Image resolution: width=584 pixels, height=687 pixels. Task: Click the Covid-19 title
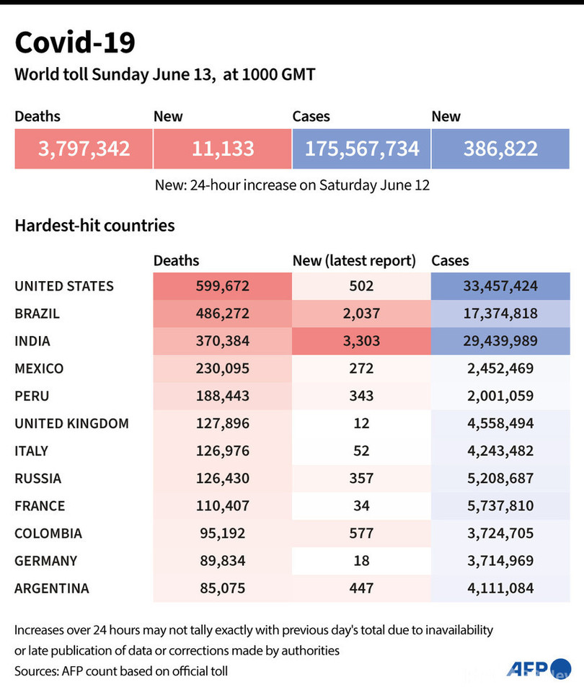tap(75, 43)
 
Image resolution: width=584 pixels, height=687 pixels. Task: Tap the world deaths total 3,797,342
tap(84, 149)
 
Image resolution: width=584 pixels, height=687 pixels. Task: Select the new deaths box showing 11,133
tap(222, 149)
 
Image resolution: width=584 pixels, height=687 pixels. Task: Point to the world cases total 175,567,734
tap(361, 149)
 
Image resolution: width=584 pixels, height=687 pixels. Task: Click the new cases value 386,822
tap(500, 149)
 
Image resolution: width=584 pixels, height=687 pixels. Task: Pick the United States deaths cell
tap(222, 286)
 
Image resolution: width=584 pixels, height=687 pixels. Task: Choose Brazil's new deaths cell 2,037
tap(361, 314)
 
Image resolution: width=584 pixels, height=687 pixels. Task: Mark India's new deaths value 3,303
tap(361, 341)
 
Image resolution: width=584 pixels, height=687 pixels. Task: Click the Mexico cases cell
tap(500, 368)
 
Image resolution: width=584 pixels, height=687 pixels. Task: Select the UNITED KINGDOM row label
tap(71, 423)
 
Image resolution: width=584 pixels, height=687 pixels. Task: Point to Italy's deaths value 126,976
tap(222, 451)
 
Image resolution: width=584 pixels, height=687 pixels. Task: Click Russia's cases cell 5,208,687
tap(500, 478)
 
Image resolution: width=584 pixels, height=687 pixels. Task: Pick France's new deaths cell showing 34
tap(361, 505)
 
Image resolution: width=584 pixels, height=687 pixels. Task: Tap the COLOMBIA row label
tap(48, 533)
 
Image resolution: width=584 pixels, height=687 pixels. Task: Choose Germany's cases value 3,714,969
tap(500, 561)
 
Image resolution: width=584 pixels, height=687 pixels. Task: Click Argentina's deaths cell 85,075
tap(222, 588)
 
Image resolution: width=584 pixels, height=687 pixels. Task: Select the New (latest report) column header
tap(354, 261)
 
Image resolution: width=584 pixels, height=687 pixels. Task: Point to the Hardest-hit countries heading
tap(94, 226)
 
